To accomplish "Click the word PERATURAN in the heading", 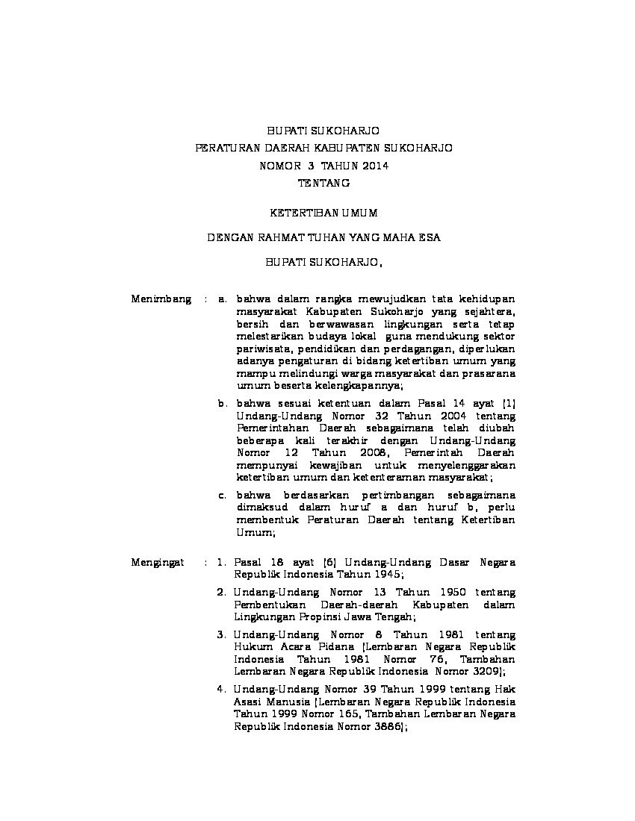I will [x=222, y=148].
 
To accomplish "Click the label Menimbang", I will [x=161, y=299].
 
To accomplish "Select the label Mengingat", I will [x=158, y=561].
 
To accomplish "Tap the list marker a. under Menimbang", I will [x=222, y=299].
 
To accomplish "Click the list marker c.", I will [x=222, y=494].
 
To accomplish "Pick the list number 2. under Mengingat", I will [x=222, y=592].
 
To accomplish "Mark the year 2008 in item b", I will [x=371, y=452].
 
